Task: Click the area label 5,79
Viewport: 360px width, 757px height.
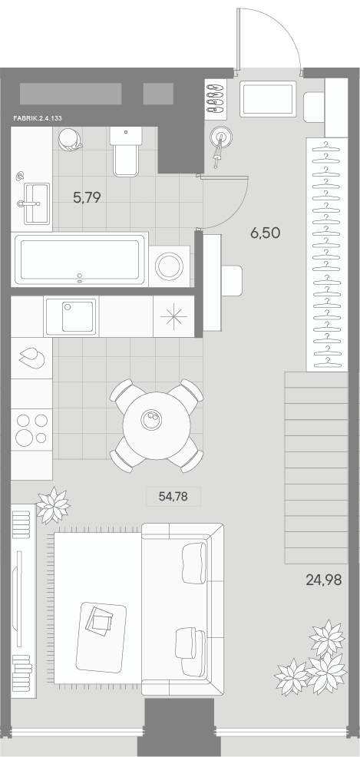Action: click(x=87, y=197)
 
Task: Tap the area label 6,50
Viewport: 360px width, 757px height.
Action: click(x=265, y=233)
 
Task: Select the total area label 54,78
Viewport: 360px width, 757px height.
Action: click(x=173, y=496)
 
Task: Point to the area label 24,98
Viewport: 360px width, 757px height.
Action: click(x=324, y=580)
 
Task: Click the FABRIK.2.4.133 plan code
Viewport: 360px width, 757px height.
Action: click(x=38, y=117)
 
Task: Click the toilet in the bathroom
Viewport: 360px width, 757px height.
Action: click(x=126, y=150)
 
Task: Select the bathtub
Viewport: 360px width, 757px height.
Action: click(x=80, y=260)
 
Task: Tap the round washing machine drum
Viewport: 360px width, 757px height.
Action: click(x=169, y=266)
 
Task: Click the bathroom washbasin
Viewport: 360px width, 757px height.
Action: click(x=36, y=203)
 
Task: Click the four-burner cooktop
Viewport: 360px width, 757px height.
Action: click(x=31, y=429)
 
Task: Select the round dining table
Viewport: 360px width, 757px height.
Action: click(x=156, y=425)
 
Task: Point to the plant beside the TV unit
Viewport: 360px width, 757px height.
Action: click(x=53, y=505)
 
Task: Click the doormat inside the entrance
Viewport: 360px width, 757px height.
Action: click(x=268, y=100)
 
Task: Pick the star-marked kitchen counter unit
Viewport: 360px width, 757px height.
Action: click(x=173, y=316)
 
